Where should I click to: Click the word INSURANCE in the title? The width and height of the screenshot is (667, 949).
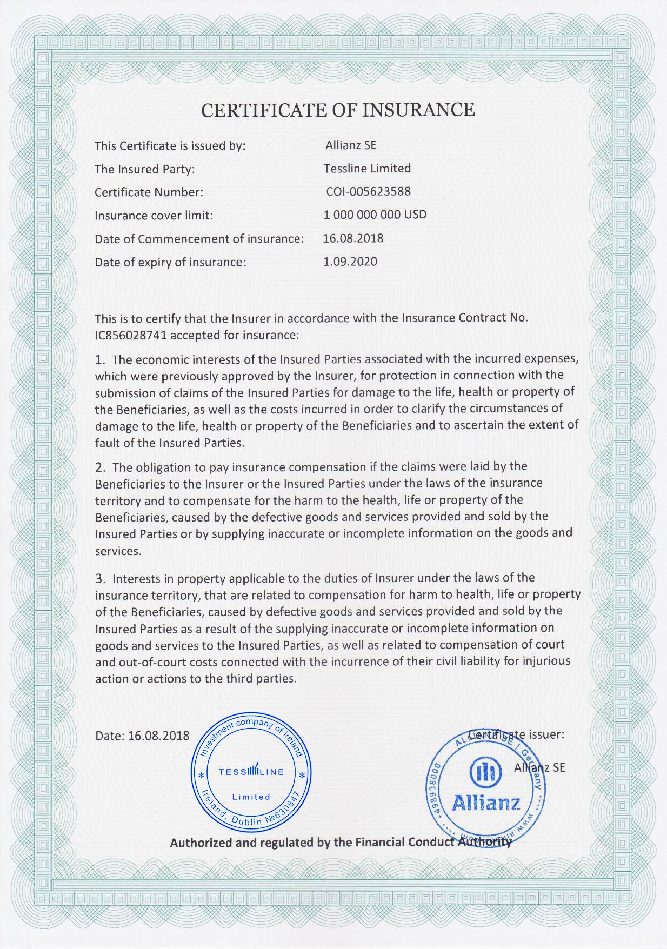click(418, 110)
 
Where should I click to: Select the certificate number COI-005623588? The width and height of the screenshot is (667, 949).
click(368, 192)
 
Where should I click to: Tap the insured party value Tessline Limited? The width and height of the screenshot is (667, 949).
click(367, 169)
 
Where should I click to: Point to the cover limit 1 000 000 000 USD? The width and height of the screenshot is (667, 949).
click(375, 215)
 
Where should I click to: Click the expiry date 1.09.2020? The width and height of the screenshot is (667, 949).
click(350, 262)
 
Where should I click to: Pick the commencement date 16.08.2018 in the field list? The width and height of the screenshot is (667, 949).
click(353, 238)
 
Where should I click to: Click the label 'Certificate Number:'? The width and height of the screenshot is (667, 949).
click(149, 192)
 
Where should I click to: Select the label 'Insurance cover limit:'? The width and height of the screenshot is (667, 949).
click(154, 216)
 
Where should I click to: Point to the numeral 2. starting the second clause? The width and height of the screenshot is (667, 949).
click(101, 467)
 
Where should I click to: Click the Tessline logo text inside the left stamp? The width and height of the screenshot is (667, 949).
click(251, 771)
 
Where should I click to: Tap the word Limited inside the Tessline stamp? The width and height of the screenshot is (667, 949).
click(251, 797)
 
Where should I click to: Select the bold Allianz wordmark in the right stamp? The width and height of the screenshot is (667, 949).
click(486, 803)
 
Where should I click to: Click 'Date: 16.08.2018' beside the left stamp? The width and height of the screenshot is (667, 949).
click(142, 736)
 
